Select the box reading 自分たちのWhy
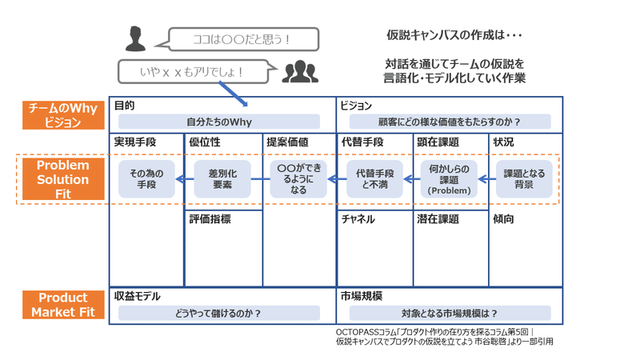pos(218,122)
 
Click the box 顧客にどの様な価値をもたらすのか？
pos(449,122)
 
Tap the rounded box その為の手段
pos(146,179)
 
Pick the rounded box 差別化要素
pos(223,179)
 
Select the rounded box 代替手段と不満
pos(374,179)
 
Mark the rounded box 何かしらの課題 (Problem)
pos(449,179)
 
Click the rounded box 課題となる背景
pos(524,179)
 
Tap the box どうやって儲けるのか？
pos(218,313)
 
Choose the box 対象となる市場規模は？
pos(449,313)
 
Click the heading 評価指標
pos(210,219)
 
